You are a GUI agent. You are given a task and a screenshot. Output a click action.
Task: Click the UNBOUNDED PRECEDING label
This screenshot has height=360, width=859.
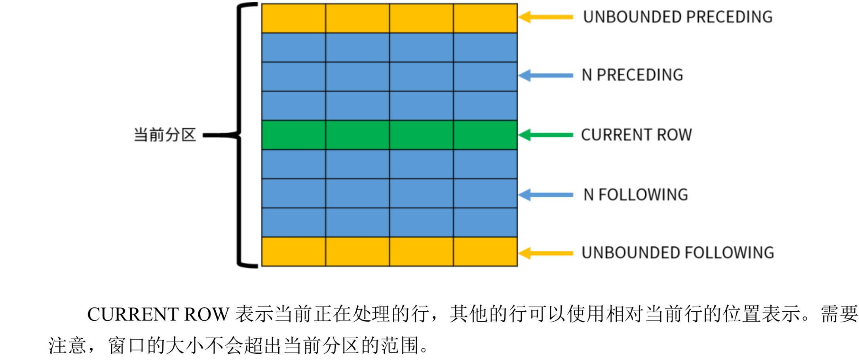click(677, 17)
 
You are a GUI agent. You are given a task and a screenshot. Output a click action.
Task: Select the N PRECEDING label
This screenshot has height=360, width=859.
click(632, 75)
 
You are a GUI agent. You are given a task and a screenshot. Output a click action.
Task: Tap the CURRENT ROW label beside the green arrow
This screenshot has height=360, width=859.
click(636, 135)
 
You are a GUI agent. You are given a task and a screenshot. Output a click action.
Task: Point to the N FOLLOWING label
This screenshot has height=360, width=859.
click(635, 194)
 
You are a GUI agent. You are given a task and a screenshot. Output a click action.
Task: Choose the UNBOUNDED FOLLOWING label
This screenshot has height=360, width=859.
click(677, 252)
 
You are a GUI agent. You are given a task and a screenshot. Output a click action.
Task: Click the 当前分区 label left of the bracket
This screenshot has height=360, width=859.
click(165, 135)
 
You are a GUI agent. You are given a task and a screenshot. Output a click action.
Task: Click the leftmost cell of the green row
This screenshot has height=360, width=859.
click(294, 135)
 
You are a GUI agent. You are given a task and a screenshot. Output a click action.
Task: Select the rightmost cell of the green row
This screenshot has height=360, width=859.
click(485, 135)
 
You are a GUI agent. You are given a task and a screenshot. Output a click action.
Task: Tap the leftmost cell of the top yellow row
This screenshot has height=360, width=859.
click(294, 18)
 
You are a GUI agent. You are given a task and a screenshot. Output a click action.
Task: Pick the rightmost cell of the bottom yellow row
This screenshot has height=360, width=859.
click(485, 251)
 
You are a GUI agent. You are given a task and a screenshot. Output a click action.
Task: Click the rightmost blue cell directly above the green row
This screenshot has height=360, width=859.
click(485, 106)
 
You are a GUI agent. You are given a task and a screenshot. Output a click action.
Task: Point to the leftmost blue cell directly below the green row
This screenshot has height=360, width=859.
click(294, 164)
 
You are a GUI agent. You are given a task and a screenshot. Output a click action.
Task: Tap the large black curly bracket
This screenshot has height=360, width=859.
click(240, 135)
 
